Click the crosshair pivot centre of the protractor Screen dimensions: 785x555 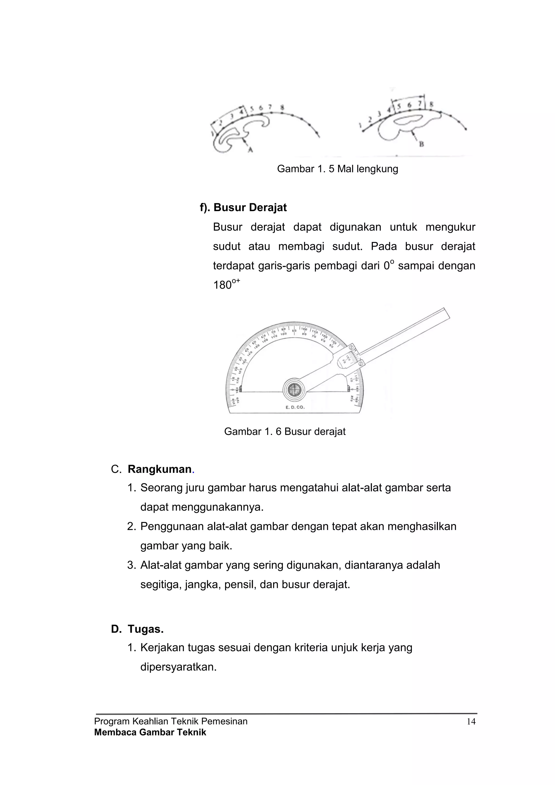pyautogui.click(x=294, y=389)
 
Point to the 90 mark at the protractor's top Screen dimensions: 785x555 pyautogui.click(x=294, y=330)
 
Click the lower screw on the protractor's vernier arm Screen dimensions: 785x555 pyautogui.click(x=360, y=364)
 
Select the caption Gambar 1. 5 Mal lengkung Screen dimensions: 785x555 pyautogui.click(x=337, y=169)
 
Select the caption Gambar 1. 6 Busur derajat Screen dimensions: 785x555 pyautogui.click(x=285, y=431)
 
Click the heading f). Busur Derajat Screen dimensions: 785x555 pyautogui.click(x=243, y=208)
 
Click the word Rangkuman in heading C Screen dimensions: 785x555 pyautogui.click(x=159, y=469)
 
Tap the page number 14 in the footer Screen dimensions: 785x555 pyautogui.click(x=471, y=722)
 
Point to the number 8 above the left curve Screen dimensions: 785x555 pyautogui.click(x=282, y=108)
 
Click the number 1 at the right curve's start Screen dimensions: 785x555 pyautogui.click(x=360, y=126)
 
